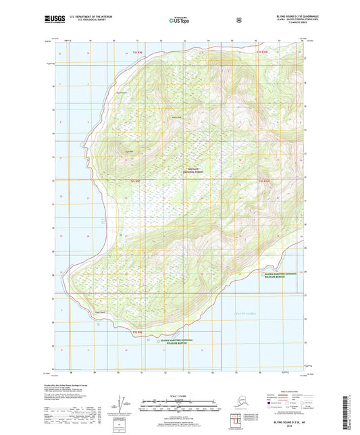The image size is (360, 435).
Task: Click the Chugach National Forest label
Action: pos(195,171)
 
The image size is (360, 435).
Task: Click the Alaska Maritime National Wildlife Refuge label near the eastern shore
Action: pos(286,274)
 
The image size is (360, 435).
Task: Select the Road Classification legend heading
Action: pos(290,390)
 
